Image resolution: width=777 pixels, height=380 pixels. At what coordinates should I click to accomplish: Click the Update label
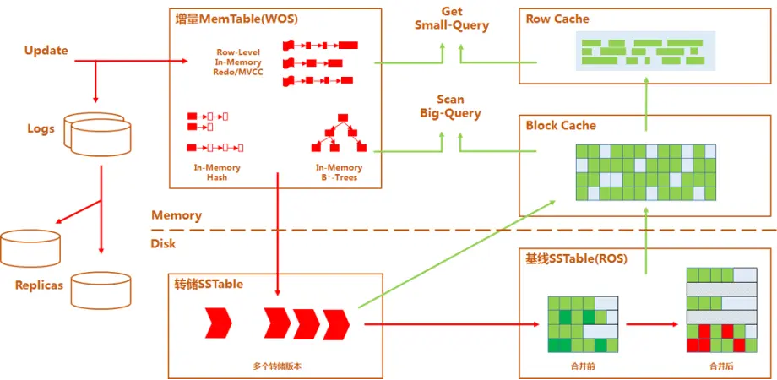(46, 51)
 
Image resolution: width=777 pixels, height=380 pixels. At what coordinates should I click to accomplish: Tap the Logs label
(41, 128)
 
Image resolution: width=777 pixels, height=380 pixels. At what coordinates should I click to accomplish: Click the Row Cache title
(557, 19)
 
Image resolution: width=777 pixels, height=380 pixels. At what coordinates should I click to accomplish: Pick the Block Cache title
(561, 125)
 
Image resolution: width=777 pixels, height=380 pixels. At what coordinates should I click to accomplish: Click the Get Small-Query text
(451, 18)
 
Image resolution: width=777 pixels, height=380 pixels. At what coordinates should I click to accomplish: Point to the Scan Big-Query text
(450, 106)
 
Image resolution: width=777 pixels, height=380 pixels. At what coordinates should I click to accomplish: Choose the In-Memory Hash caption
(211, 172)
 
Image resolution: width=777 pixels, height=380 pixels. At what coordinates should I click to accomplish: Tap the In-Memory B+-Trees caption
(339, 172)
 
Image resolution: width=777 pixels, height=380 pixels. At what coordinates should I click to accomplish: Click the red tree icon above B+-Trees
(339, 135)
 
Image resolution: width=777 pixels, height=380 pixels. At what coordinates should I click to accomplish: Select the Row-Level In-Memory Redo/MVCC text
(239, 62)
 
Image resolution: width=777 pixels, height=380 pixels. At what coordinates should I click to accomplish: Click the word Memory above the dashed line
(176, 215)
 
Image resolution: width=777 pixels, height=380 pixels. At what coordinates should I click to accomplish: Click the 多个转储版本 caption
(276, 366)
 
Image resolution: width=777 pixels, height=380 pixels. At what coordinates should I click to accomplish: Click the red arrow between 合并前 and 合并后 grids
(652, 323)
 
